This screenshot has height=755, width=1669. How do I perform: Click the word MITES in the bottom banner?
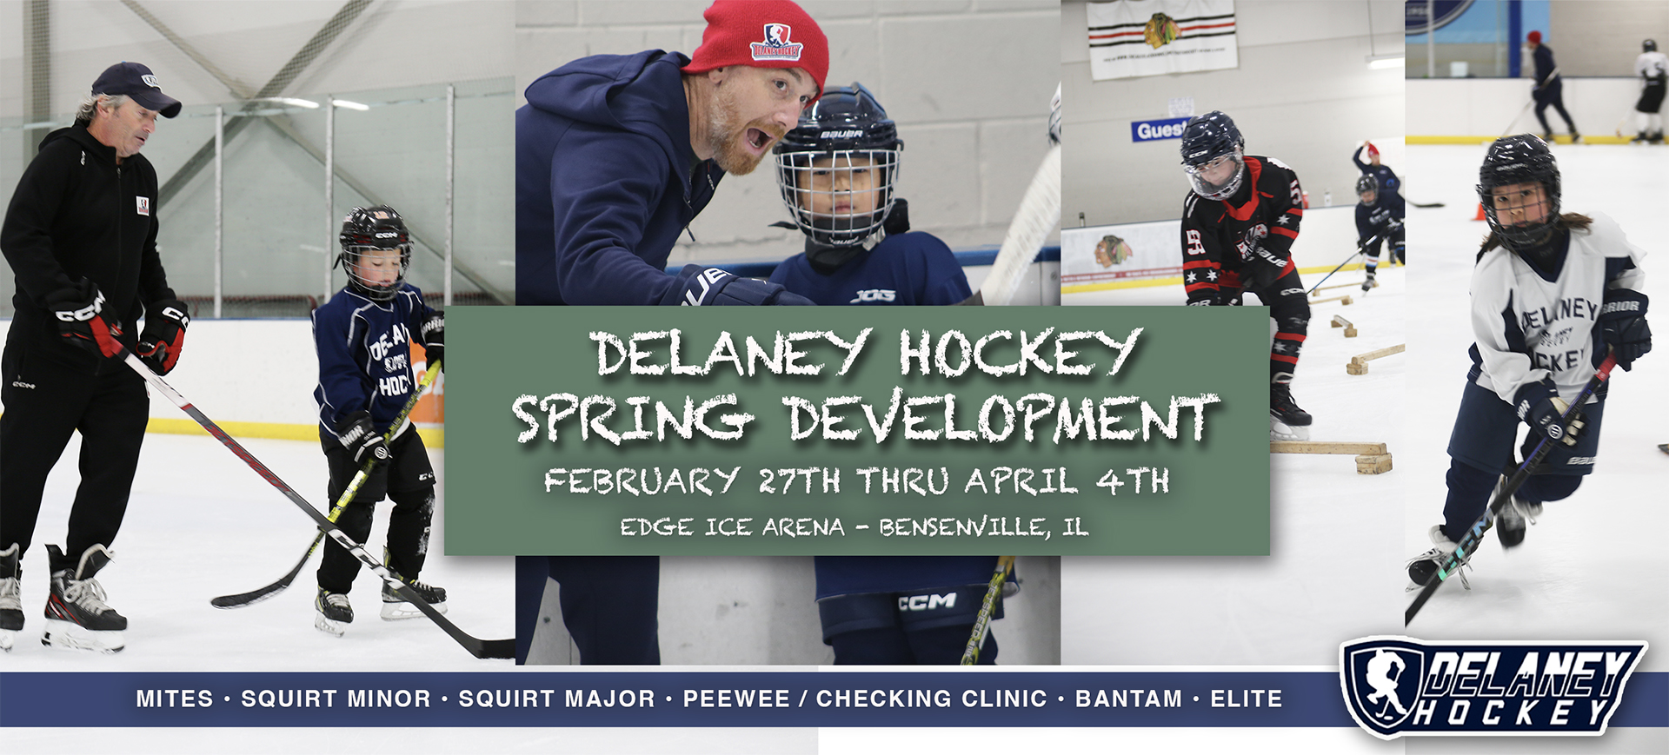[175, 699]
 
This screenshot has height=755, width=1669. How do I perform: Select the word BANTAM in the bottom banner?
[1128, 699]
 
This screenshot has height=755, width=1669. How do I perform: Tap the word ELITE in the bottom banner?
[1247, 699]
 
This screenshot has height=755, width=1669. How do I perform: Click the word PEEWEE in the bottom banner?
[736, 699]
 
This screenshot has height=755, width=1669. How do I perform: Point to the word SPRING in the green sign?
[632, 418]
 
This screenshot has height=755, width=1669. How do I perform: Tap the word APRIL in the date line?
[1021, 480]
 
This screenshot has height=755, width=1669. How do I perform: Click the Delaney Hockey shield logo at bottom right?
[1492, 688]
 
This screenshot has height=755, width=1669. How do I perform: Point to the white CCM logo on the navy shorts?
[927, 601]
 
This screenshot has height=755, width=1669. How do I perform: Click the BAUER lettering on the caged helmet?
[841, 135]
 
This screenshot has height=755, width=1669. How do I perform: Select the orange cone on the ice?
[1481, 211]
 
